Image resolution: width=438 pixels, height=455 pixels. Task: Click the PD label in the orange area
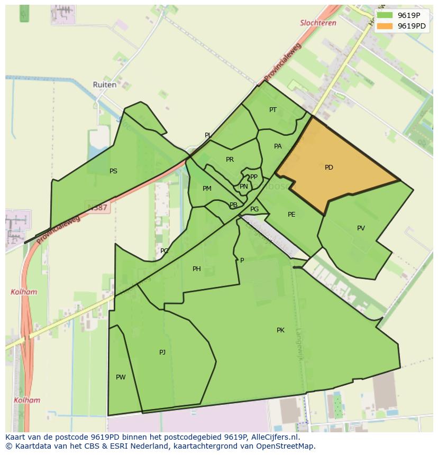[x=328, y=168]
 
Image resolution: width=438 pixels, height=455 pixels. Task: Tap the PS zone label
[x=113, y=171]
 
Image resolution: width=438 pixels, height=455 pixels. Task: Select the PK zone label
[x=280, y=330]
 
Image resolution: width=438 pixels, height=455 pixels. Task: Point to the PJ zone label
[x=162, y=352]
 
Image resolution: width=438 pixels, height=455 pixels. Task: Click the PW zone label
[x=121, y=377]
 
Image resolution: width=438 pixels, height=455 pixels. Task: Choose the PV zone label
[x=361, y=228]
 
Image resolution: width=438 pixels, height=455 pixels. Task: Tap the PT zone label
[x=272, y=110]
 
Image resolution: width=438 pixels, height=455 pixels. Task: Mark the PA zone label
[x=278, y=146]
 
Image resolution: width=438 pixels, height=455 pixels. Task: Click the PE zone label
[x=291, y=215]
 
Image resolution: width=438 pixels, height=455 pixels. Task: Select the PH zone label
[x=196, y=269]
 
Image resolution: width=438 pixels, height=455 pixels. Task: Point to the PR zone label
[x=230, y=160]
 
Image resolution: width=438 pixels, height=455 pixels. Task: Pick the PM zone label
[x=207, y=189]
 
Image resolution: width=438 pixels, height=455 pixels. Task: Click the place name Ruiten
[x=104, y=85]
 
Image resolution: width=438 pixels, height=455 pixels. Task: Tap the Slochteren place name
[x=318, y=23]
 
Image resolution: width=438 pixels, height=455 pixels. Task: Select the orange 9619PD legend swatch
[x=385, y=26]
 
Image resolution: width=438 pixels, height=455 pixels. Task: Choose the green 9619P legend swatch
[x=385, y=15]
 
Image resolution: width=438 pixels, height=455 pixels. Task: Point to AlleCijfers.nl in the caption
[x=275, y=437]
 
